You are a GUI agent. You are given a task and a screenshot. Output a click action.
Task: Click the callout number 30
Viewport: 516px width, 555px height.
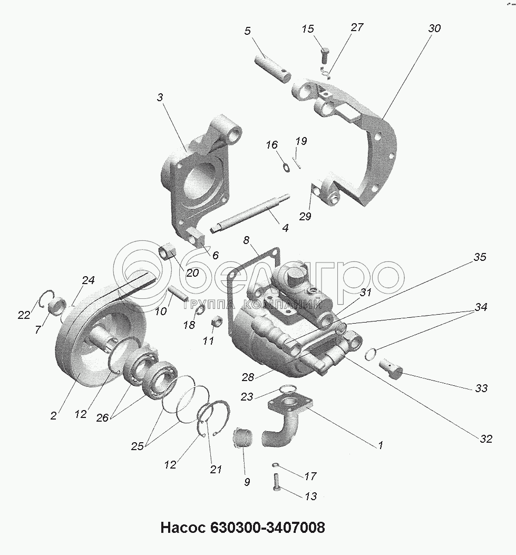point(434,28)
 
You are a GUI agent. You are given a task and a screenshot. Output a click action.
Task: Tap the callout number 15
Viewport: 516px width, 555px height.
point(308,28)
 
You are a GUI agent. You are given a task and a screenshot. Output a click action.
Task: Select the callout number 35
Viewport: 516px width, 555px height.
point(480,257)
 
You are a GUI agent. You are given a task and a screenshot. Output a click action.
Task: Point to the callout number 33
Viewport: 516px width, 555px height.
point(481,388)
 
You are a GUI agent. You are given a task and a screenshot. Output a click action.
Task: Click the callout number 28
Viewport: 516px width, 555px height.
point(248,377)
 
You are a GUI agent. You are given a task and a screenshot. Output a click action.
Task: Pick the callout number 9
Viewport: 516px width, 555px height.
point(247,482)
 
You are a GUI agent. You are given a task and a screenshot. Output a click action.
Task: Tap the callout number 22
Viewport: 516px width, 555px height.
point(24,315)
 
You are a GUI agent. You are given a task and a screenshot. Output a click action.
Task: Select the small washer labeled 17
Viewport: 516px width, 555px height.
point(276,465)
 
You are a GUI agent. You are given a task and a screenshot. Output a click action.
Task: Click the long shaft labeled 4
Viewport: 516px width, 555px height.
point(250,212)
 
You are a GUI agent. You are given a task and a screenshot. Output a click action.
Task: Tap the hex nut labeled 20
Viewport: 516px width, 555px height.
point(168,252)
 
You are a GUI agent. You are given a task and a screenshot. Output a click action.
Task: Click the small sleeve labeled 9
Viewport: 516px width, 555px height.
point(242,438)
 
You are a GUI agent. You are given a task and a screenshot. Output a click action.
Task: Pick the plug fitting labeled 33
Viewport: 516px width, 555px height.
point(392,368)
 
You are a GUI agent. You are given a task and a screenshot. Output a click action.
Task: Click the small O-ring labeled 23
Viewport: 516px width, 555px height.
point(287,389)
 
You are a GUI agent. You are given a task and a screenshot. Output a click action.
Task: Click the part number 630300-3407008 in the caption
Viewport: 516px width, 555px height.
point(268,528)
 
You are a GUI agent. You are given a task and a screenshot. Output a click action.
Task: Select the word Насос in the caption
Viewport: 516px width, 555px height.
point(183,528)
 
